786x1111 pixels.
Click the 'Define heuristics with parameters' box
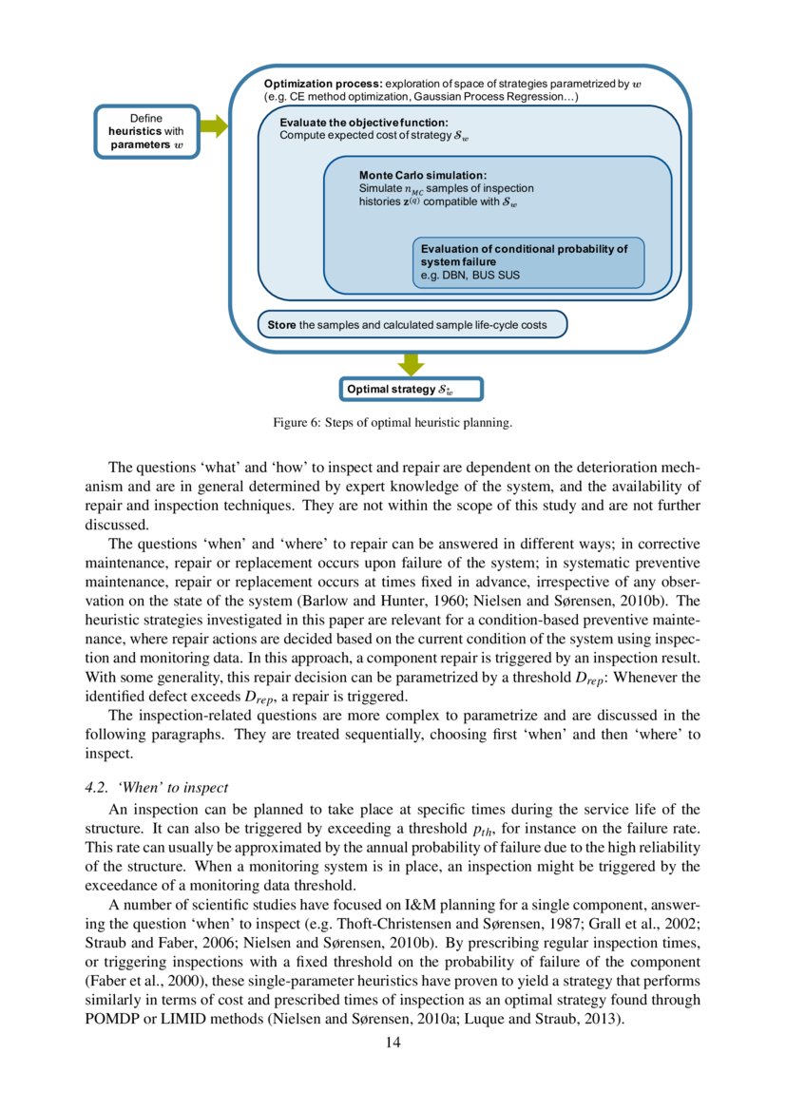[146, 131]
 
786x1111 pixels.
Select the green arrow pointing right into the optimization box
[215, 126]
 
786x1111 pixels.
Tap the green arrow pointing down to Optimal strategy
[411, 364]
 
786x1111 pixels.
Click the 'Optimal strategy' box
[411, 390]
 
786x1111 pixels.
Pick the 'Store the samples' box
[412, 325]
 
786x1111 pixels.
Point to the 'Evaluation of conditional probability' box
[528, 262]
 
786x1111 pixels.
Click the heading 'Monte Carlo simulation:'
[422, 176]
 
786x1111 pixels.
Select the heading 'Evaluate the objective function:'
[356, 124]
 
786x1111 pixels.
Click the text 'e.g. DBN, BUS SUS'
[470, 276]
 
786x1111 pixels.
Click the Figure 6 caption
[393, 423]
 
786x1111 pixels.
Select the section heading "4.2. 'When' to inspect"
[157, 788]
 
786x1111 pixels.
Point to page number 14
[393, 1043]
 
